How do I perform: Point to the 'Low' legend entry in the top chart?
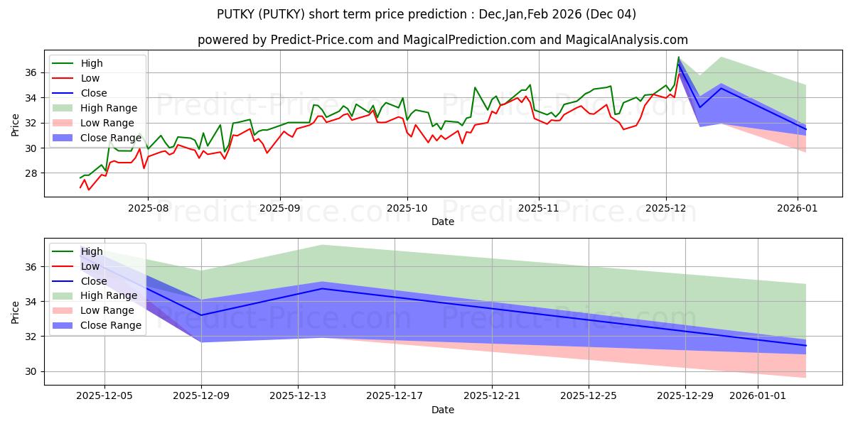(90, 78)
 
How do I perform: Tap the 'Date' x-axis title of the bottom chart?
(442, 410)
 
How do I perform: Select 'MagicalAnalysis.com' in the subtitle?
(626, 40)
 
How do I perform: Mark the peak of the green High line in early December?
(678, 57)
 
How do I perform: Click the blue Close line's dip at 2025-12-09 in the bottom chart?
(201, 315)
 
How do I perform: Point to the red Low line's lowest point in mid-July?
(89, 190)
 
